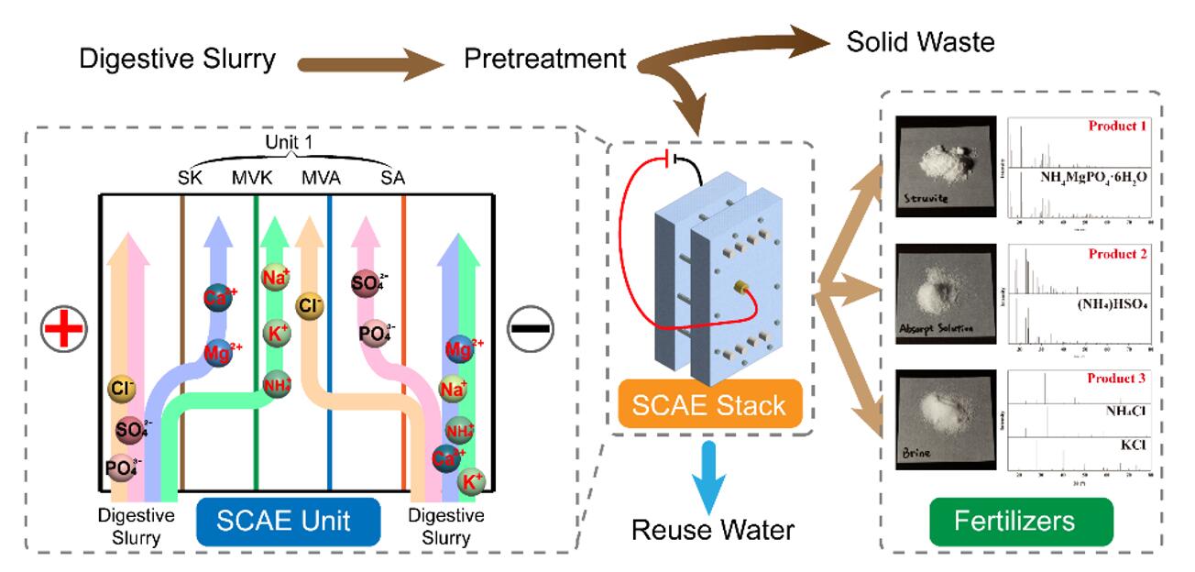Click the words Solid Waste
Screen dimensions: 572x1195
point(920,42)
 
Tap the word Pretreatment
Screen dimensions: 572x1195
point(544,61)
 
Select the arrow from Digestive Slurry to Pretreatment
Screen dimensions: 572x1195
point(370,63)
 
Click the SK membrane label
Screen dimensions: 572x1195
point(190,176)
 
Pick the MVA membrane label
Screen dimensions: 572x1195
point(322,176)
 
